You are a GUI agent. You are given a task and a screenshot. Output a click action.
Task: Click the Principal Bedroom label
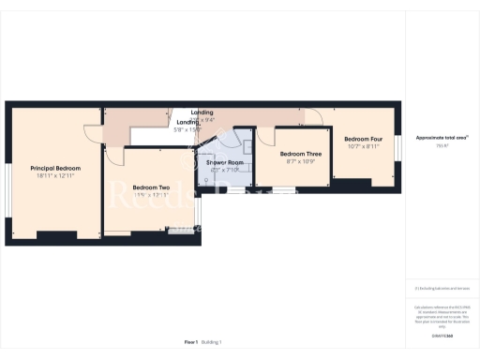(55, 168)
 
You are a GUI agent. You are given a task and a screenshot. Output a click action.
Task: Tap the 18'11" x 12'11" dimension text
(55, 175)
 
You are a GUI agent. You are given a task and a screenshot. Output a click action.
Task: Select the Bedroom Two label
(150, 187)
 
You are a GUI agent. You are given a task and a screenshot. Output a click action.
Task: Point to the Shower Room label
(225, 162)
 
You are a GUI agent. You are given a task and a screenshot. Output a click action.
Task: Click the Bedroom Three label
(300, 153)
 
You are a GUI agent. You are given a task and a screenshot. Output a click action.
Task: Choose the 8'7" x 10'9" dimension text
(300, 160)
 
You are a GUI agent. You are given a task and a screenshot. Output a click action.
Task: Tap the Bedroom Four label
(362, 139)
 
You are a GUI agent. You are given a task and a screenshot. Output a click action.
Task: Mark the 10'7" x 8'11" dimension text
(362, 146)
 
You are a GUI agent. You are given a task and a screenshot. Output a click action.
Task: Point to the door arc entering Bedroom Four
(316, 116)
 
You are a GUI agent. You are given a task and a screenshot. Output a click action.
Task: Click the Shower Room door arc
(203, 142)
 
